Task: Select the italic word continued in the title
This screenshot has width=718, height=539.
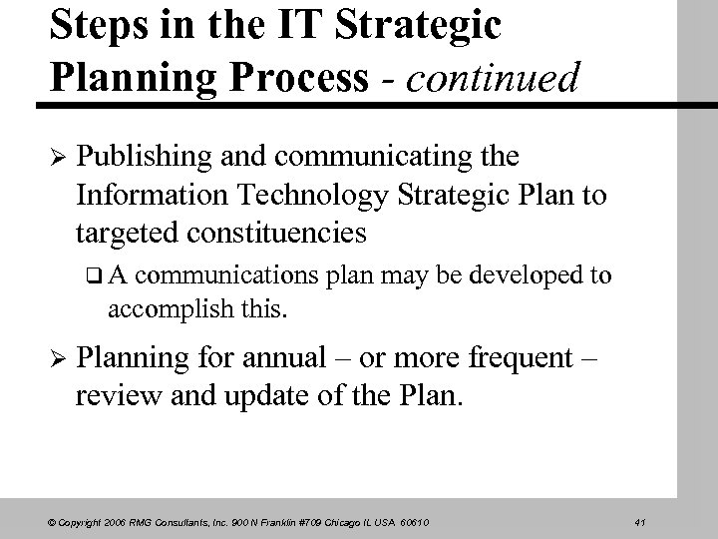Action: point(489,79)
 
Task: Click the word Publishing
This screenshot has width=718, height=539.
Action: point(143,157)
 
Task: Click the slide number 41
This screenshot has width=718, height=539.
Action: point(640,520)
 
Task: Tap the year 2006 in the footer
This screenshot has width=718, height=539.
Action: point(108,520)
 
